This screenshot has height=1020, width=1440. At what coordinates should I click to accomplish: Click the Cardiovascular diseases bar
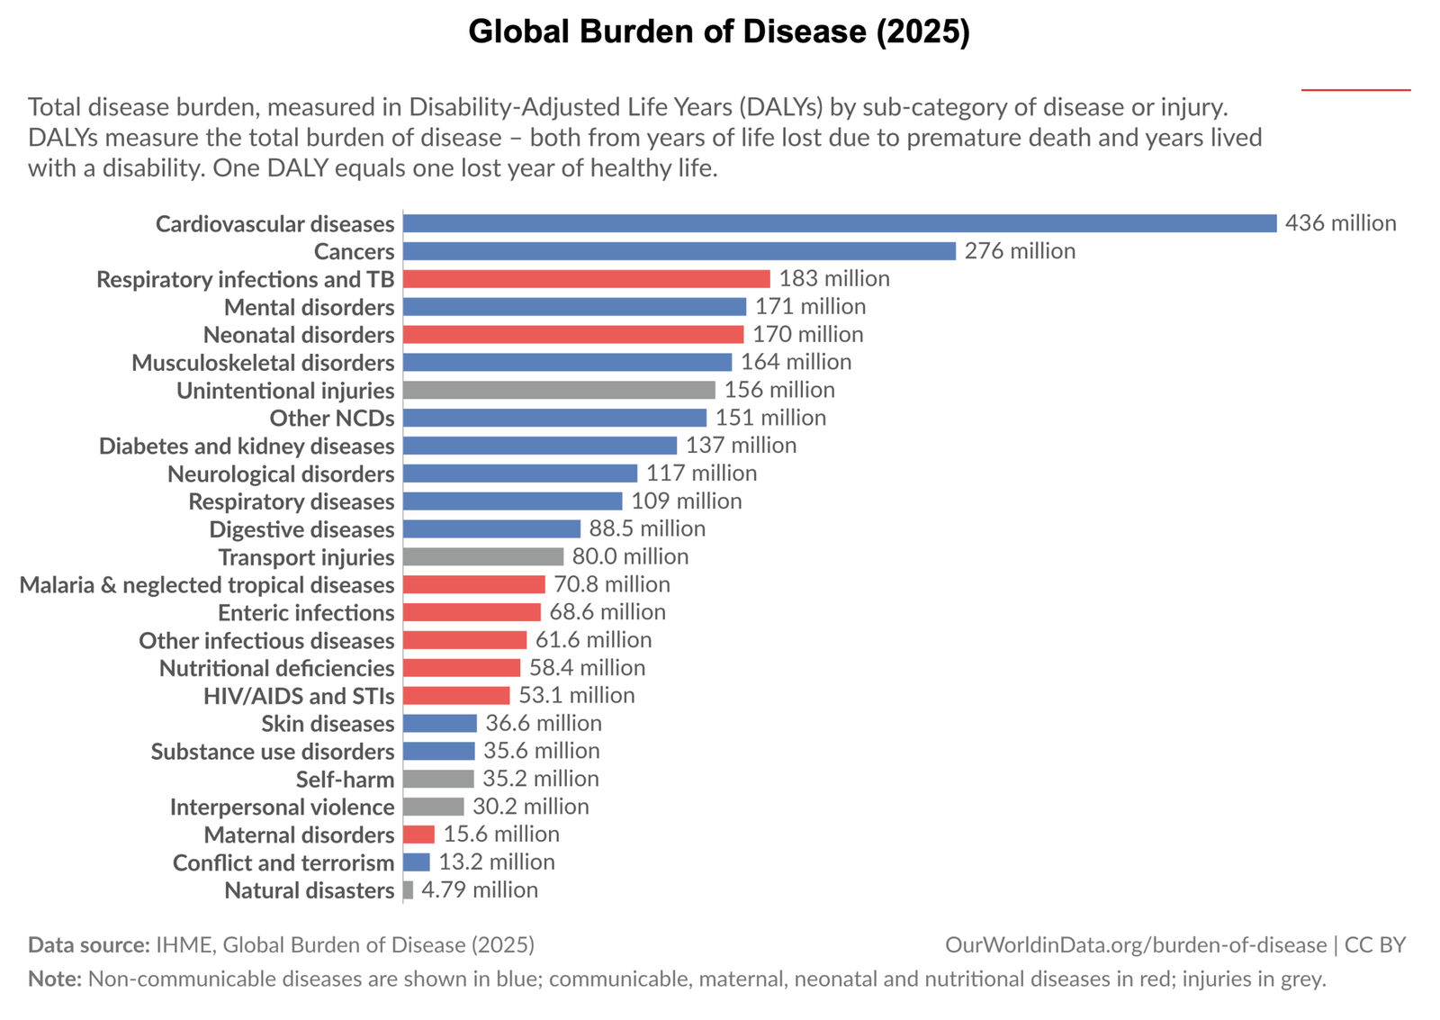[x=839, y=223]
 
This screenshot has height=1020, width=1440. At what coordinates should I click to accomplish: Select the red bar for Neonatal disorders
[x=573, y=335]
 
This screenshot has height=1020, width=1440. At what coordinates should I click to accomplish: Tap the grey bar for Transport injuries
[x=483, y=557]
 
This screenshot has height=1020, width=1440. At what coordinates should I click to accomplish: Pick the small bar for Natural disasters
[x=409, y=890]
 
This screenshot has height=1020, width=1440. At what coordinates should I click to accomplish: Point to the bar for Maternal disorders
[x=419, y=835]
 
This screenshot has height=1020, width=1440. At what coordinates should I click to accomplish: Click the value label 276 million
[x=1020, y=251]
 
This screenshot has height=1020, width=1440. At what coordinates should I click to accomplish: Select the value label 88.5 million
[x=647, y=529]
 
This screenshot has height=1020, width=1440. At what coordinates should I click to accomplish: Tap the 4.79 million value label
[x=480, y=890]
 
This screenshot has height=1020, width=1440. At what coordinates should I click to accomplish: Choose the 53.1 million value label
[x=576, y=696]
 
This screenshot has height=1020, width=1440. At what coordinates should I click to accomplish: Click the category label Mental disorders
[x=309, y=308]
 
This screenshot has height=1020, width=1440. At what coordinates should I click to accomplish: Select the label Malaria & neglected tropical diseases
[x=207, y=585]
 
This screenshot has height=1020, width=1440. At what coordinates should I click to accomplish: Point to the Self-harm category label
[x=345, y=780]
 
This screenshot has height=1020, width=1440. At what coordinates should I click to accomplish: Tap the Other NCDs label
[x=332, y=419]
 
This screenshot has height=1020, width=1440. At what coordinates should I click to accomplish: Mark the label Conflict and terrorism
[x=283, y=863]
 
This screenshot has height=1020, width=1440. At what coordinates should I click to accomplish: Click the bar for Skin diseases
[x=440, y=724]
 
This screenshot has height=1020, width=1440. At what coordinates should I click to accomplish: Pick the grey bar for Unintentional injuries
[x=559, y=391]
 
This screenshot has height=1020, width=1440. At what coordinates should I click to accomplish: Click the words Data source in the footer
[x=88, y=945]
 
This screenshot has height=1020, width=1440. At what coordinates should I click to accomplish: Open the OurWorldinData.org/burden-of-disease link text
[x=1135, y=945]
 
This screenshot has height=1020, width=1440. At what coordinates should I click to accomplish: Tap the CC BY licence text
[x=1374, y=945]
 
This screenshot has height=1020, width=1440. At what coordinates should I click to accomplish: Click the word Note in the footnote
[x=54, y=979]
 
